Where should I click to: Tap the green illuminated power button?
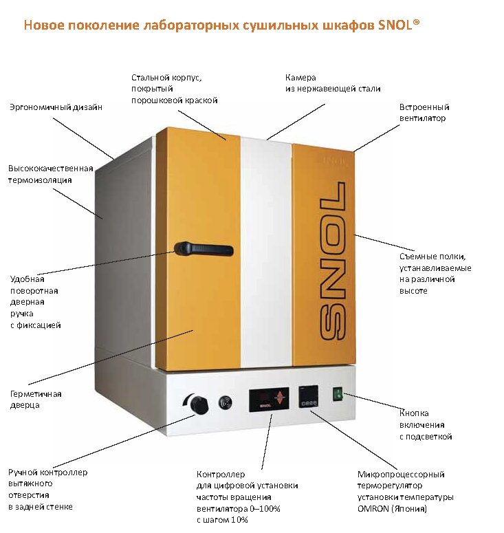tap(338, 395)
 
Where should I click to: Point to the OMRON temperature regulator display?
tap(308, 398)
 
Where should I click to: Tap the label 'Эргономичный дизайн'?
tap(55, 107)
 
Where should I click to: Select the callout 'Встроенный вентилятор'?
tap(424, 113)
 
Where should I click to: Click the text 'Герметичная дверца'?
tap(36, 400)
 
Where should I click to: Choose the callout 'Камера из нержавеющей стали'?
tap(333, 83)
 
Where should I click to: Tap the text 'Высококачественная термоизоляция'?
tap(50, 174)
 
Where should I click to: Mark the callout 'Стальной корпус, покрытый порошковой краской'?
tap(174, 89)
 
